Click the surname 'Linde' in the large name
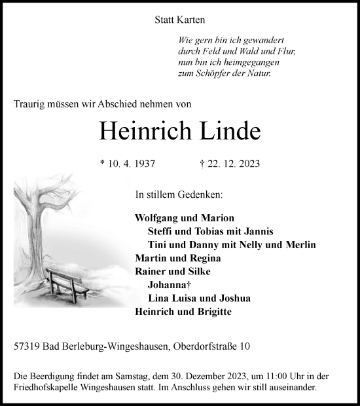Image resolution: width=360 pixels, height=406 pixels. (x=225, y=131)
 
